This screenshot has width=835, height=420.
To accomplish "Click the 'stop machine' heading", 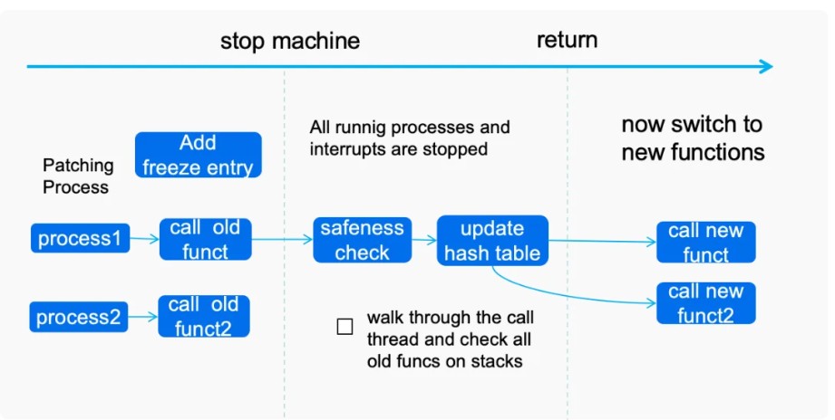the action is (290, 41).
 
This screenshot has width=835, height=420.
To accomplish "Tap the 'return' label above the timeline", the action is (567, 40).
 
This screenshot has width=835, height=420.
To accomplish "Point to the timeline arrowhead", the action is (766, 66).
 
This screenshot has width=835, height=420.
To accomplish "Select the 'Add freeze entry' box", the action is (199, 155).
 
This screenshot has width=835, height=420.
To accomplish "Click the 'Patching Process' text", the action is (78, 176).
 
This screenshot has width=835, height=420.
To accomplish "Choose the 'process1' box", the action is (80, 238).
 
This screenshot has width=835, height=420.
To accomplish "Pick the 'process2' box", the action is (79, 317).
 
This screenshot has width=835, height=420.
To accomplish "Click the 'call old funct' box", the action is (205, 239).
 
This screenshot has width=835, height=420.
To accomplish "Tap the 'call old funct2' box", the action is (203, 316).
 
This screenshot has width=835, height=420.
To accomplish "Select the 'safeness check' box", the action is (362, 240).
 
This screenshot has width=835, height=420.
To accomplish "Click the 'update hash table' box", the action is (492, 240).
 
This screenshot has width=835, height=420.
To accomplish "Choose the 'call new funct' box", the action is (705, 242).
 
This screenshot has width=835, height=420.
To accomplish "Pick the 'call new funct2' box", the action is (705, 303).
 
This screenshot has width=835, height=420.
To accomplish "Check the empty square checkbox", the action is (345, 327).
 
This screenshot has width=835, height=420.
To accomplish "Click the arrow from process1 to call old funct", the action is (144, 239).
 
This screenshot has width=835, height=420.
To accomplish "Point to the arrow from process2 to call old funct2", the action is (143, 317).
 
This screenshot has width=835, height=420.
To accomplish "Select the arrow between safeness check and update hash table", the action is (424, 240).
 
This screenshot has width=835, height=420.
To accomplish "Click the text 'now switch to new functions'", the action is (693, 138).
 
